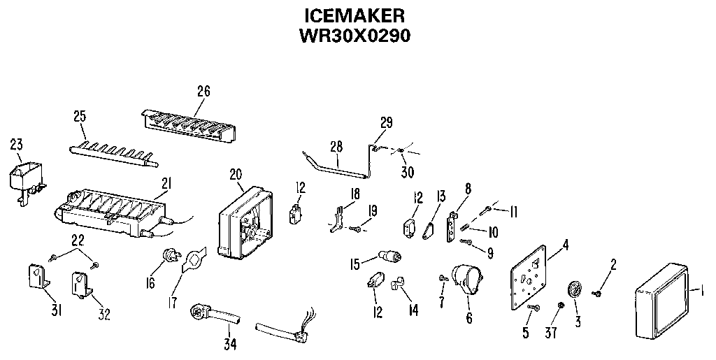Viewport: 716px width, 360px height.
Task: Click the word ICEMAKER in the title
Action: point(356,15)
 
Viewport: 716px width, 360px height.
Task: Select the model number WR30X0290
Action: point(355,36)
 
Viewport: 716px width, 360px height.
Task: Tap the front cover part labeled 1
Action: point(661,298)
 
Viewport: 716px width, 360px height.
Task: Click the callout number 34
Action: point(229,344)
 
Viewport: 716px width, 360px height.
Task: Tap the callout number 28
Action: point(336,146)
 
